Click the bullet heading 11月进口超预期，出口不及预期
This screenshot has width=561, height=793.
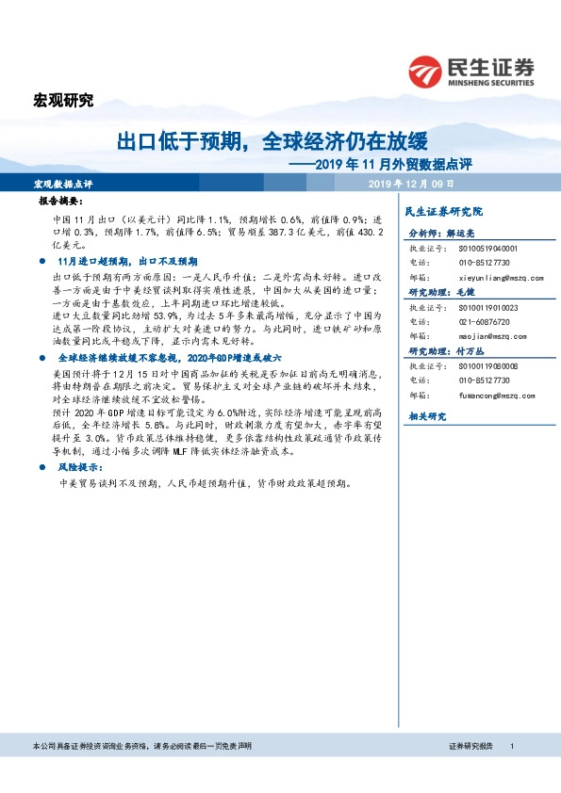pyautogui.click(x=127, y=260)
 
